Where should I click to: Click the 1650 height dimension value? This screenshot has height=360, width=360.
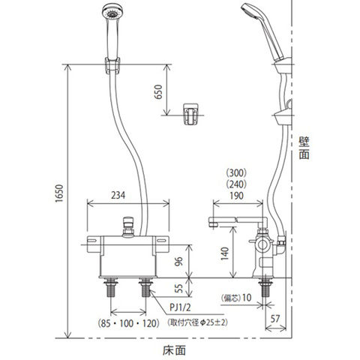point(58,193)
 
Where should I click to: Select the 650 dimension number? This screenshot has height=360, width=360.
point(158,92)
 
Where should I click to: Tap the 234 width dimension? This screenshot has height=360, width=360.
point(118,195)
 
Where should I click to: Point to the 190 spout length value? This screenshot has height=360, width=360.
point(236,196)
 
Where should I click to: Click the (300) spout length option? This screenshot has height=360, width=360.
point(236,172)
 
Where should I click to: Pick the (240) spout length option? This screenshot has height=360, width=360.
point(236,184)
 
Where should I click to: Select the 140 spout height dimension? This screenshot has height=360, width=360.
point(225,253)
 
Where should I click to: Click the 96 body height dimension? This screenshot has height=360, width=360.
point(178,262)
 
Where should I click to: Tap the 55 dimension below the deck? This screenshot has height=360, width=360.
point(178,288)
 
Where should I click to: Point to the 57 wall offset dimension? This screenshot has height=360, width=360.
point(275,319)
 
